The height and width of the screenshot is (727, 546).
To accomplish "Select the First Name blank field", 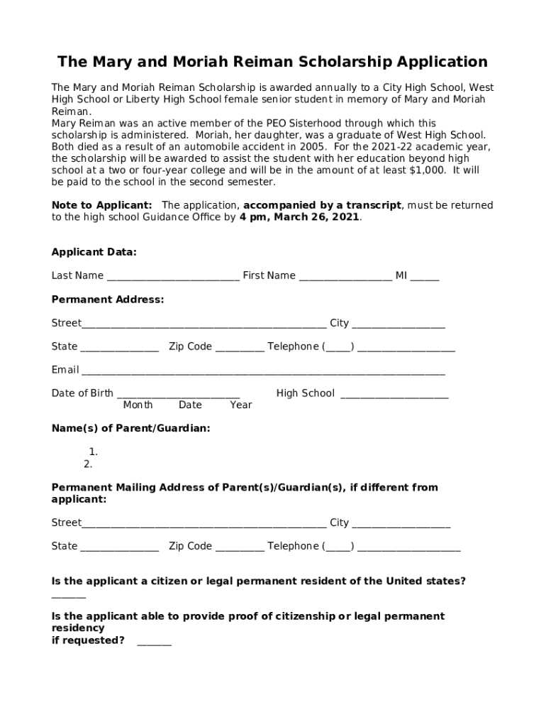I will pos(345,277).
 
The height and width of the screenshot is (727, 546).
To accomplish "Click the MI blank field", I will pos(424,277).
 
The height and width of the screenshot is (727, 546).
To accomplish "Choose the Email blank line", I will pos(263,371).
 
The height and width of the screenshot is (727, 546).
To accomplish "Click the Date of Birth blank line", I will pos(178,395).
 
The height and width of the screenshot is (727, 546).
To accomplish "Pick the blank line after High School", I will pos(394,395).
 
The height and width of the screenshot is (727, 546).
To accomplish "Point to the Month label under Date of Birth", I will pos(138,405).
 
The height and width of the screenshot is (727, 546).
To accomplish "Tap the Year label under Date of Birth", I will pos(241,405).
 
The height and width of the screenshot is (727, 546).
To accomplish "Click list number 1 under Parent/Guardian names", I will pos(93,452).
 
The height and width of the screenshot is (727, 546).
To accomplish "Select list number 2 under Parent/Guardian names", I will pos(88,464).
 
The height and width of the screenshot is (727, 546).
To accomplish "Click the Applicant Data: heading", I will pos(94,252).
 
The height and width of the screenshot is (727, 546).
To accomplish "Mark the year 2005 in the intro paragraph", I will pos(313,147).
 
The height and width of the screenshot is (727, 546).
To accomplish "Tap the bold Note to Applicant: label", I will pos(101,205).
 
